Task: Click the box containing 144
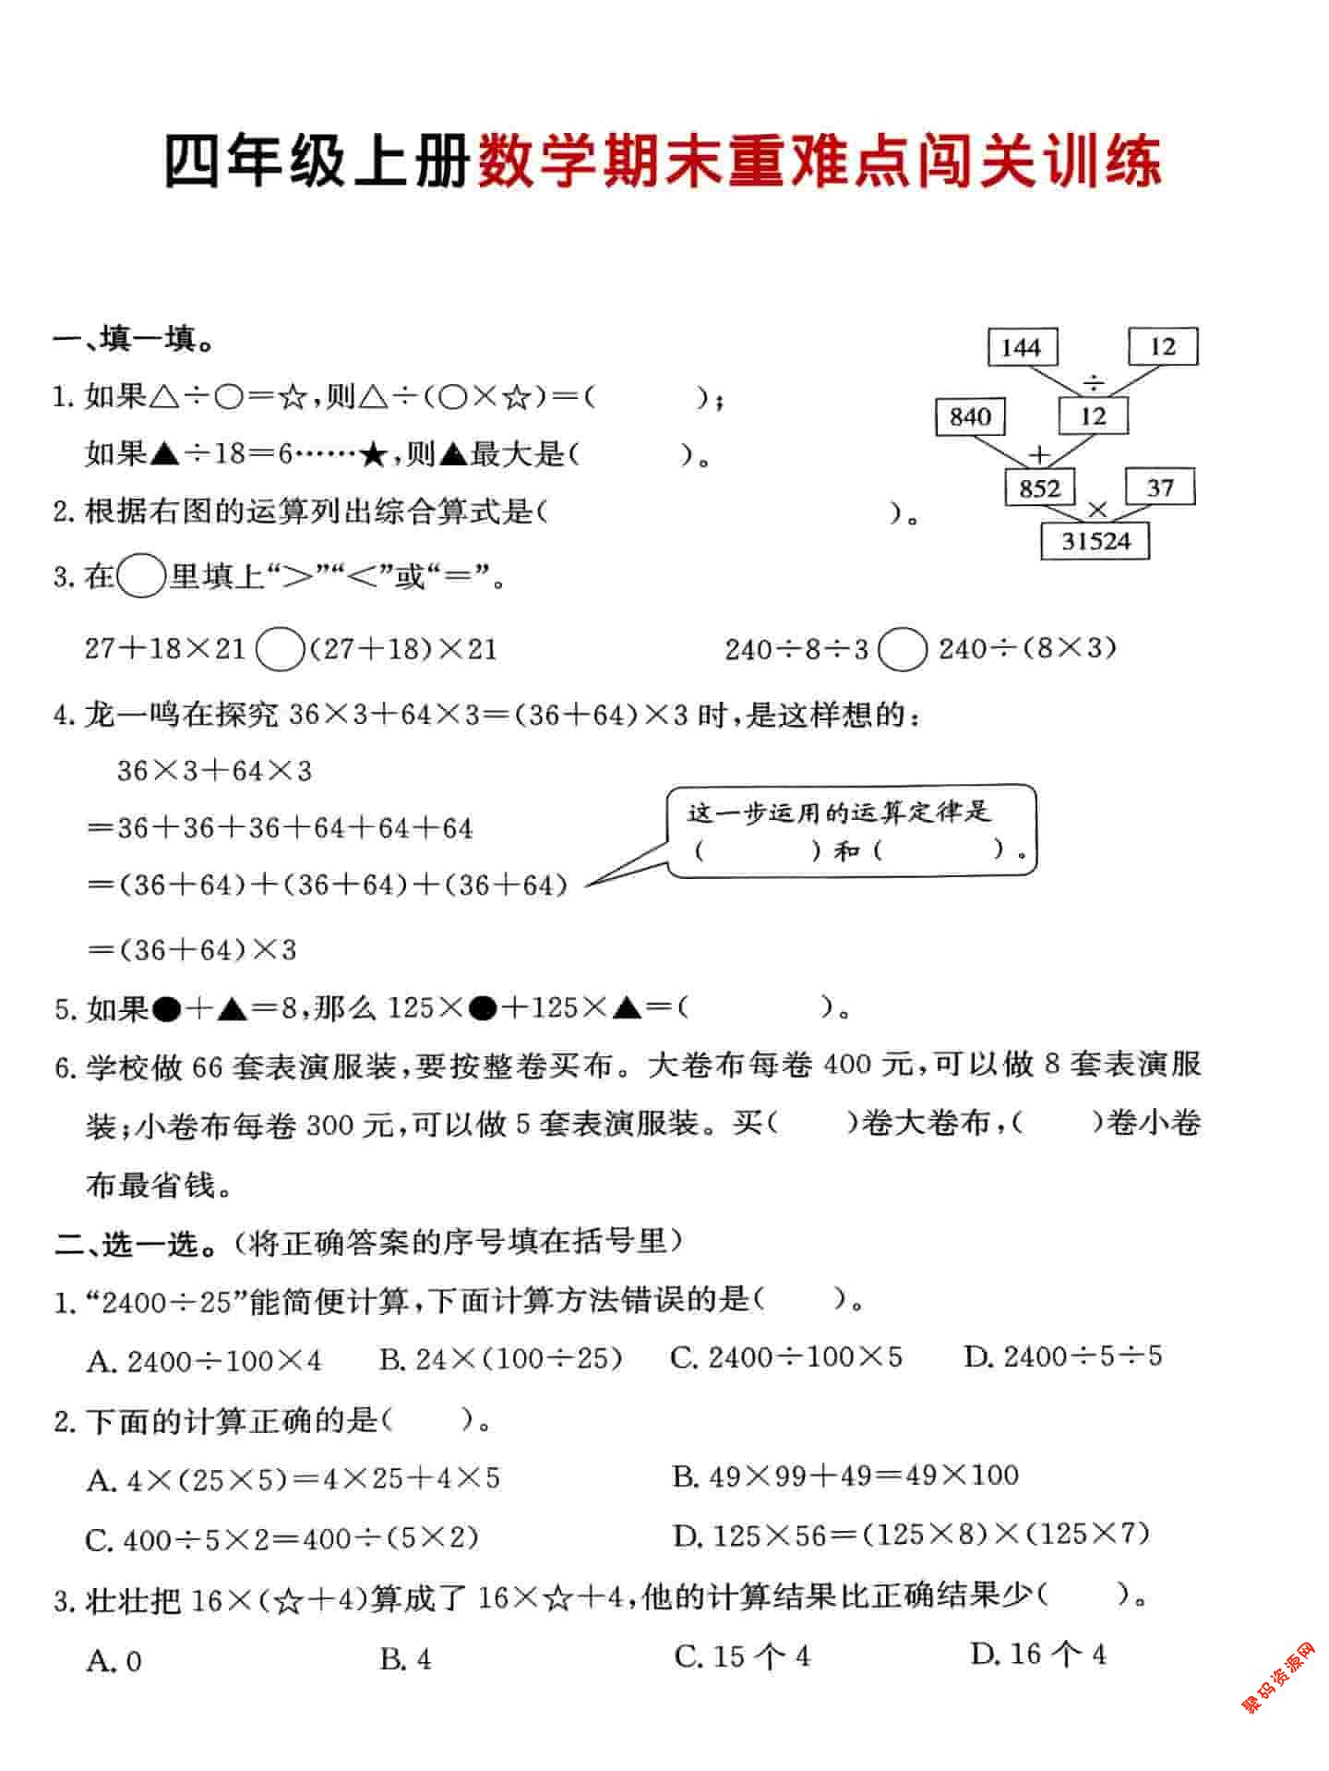pyautogui.click(x=1022, y=348)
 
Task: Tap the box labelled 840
pyautogui.click(x=970, y=417)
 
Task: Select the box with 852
pyautogui.click(x=1040, y=488)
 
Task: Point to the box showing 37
pyautogui.click(x=1160, y=487)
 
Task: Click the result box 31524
pyautogui.click(x=1096, y=541)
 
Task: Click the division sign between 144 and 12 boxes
pyautogui.click(x=1094, y=380)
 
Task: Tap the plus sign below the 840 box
pyautogui.click(x=1040, y=454)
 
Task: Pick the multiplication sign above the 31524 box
pyautogui.click(x=1097, y=509)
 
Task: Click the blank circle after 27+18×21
pyautogui.click(x=279, y=649)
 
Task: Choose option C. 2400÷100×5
pyautogui.click(x=786, y=1357)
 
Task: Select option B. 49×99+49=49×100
pyautogui.click(x=845, y=1476)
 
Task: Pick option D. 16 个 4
pyautogui.click(x=1037, y=1654)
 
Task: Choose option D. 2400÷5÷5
pyautogui.click(x=1062, y=1356)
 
